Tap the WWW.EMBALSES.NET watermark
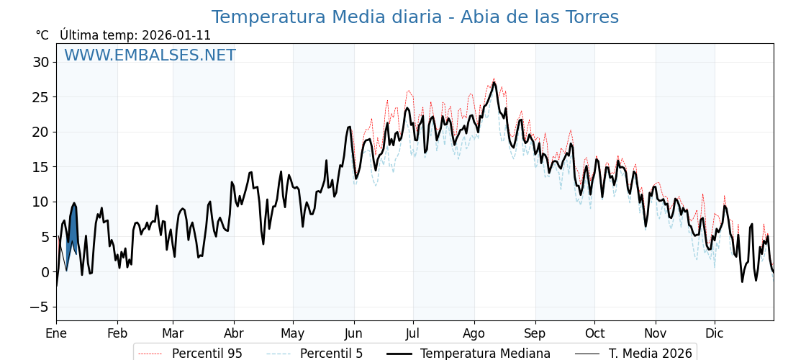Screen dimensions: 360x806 150,55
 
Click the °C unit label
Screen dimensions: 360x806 42,35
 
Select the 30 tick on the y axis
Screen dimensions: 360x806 40,62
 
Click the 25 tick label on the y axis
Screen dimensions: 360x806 40,97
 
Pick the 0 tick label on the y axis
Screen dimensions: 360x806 45,272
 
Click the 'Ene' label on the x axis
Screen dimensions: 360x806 56,333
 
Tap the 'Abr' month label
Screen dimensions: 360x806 234,333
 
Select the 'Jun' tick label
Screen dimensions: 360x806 353,333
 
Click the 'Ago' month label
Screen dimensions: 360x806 474,333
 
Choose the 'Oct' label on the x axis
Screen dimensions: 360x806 594,333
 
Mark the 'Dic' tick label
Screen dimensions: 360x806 715,333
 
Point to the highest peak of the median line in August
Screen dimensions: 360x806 494,83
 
